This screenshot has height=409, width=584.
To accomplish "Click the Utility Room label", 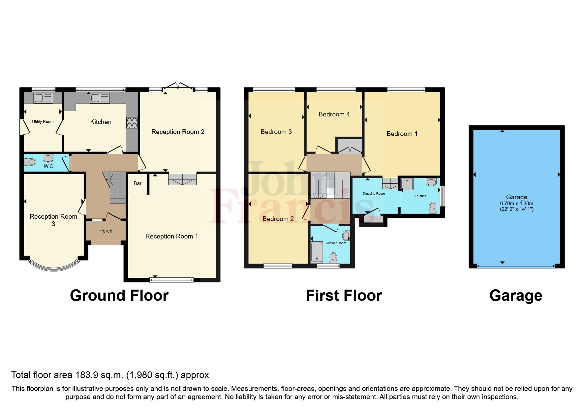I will [x=43, y=122].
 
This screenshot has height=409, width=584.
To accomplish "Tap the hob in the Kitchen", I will [x=132, y=123].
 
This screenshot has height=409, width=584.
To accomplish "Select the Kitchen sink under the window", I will [x=100, y=98].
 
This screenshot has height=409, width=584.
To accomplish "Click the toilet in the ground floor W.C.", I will [x=31, y=162].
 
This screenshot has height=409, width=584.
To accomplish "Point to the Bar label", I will [x=138, y=183].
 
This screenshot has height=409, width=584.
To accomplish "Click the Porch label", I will [x=106, y=231].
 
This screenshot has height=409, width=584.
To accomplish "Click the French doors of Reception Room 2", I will [x=178, y=86].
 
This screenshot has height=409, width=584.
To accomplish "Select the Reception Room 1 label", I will [x=171, y=236].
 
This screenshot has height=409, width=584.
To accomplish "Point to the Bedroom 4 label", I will [x=334, y=114].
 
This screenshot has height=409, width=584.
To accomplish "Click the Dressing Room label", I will [x=374, y=194].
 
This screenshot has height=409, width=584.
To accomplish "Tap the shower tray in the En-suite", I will [x=407, y=184].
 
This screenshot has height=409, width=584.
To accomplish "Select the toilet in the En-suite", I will [x=433, y=208].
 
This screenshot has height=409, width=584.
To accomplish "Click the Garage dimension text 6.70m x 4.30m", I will [x=516, y=204].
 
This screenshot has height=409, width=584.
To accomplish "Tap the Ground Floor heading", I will [x=119, y=296].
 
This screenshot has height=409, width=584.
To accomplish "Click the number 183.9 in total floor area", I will [x=87, y=375].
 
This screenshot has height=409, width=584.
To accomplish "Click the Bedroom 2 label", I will [x=278, y=219].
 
